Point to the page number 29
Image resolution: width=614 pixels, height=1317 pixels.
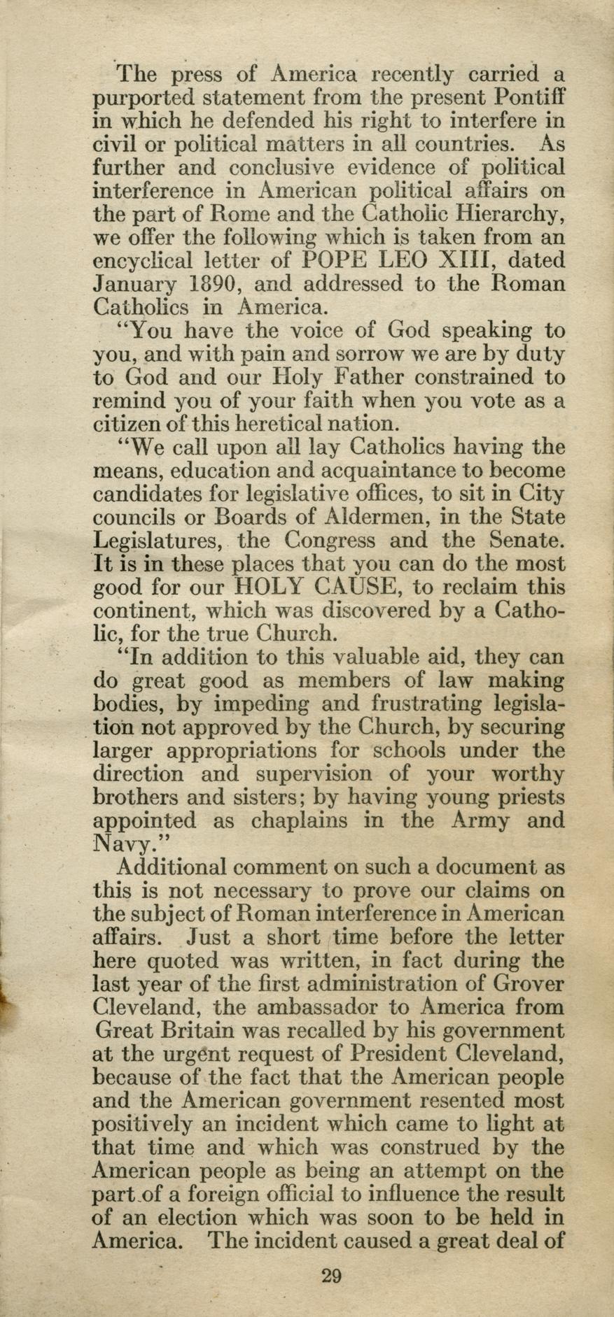click(x=331, y=1276)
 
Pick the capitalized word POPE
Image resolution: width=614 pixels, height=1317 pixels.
click(x=336, y=260)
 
